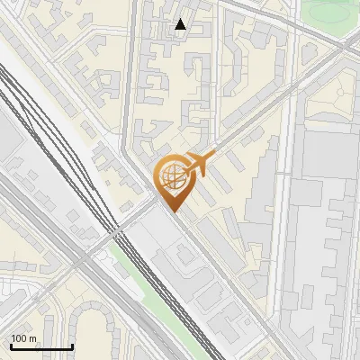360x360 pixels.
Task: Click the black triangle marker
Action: pyautogui.click(x=180, y=24)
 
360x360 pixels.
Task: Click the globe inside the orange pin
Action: pyautogui.click(x=171, y=176)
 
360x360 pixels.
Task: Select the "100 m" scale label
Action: pyautogui.click(x=23, y=338)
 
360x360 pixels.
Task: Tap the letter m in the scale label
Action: pyautogui.click(x=32, y=338)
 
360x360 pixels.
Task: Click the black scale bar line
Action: pyautogui.click(x=41, y=346)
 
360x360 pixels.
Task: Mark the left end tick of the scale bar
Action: pyautogui.click(x=11, y=345)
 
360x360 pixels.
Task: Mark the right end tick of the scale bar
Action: pyautogui.click(x=72, y=345)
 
